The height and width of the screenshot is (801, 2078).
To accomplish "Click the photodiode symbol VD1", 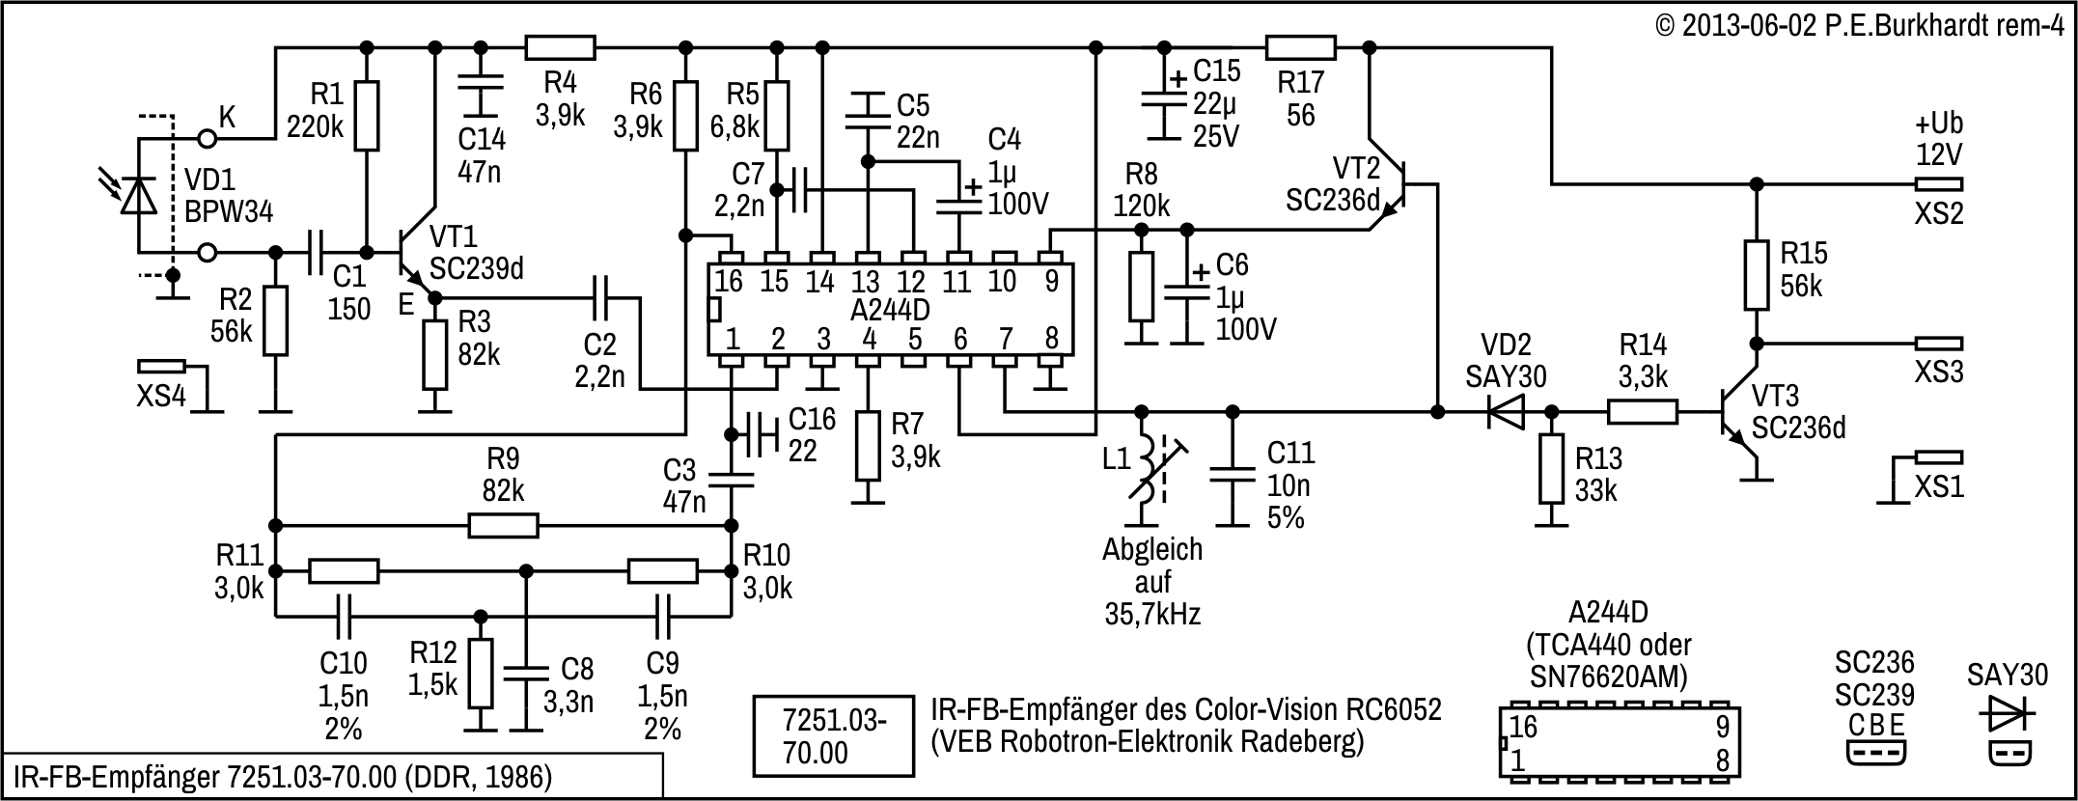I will pos(138,196).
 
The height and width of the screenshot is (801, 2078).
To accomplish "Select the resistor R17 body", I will pos(1300,47).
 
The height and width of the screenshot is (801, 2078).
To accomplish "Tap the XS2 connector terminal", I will pos(1938,184).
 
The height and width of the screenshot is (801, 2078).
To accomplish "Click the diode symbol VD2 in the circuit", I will pos(1504,412).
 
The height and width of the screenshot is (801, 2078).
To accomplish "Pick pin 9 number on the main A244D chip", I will pos(1050,282).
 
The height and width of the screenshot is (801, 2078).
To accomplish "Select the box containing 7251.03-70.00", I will pos(833,735).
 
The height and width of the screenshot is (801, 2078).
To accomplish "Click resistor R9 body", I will pos(503,526).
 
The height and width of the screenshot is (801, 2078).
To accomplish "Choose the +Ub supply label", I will pos(1938,124).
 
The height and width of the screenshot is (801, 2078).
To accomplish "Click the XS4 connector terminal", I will pos(161,367).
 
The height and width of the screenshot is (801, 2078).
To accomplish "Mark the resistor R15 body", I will pos(1757,275).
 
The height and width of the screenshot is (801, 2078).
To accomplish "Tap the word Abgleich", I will pos(1152,550).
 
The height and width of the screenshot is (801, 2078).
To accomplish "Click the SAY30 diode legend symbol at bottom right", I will pos(2007,716).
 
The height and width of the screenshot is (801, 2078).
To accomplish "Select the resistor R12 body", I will pos(480,673).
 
